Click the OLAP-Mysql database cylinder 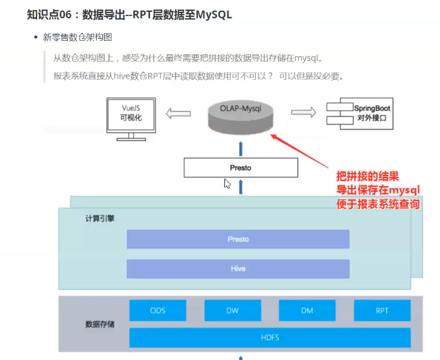(x=240, y=116)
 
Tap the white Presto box (x=240, y=168)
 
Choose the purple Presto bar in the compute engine (x=238, y=239)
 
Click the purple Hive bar (x=238, y=268)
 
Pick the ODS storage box (x=158, y=310)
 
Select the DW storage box (x=232, y=310)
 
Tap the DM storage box (x=307, y=310)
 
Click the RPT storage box (x=382, y=310)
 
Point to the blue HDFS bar (x=269, y=338)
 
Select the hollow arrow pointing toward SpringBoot (x=303, y=112)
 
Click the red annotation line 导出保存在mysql (x=377, y=190)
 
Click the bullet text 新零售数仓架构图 (x=77, y=37)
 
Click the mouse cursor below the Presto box (x=227, y=184)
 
